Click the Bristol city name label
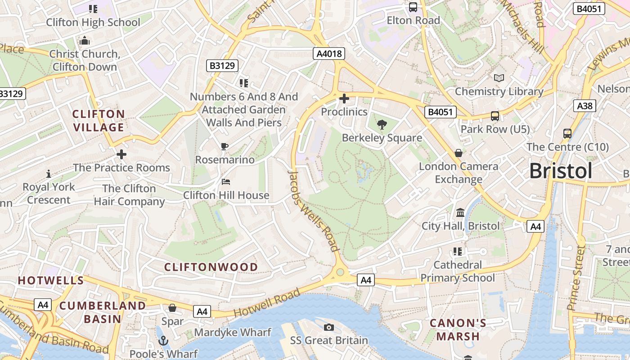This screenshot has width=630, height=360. click(561, 171)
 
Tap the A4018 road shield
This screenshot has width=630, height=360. click(329, 54)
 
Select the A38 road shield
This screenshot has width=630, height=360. click(585, 106)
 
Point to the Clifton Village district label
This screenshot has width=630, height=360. click(99, 121)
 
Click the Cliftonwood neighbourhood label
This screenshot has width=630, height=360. click(211, 267)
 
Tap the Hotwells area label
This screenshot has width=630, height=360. click(51, 280)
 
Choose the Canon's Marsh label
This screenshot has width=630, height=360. click(458, 329)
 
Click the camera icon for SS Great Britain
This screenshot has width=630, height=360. click(329, 327)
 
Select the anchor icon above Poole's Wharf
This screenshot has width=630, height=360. click(162, 341)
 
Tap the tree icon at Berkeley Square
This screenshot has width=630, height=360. click(382, 124)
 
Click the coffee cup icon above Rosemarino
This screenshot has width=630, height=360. click(225, 146)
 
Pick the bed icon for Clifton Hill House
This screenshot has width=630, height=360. click(226, 182)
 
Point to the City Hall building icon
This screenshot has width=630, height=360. click(460, 212)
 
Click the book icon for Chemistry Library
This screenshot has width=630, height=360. click(499, 78)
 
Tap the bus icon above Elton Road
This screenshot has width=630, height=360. click(413, 7)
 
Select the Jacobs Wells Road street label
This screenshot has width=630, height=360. click(314, 211)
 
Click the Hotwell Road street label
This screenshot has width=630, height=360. click(266, 303)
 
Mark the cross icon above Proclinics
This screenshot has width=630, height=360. click(344, 99)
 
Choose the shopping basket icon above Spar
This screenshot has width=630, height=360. click(172, 308)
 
